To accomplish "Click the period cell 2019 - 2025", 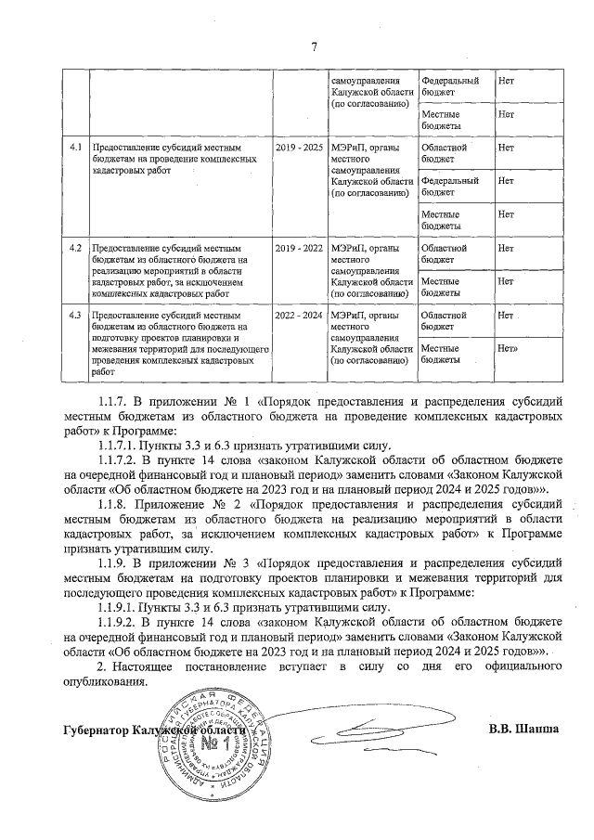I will [299, 147].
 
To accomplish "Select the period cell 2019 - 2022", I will [299, 248].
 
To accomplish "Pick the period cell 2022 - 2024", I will [299, 316].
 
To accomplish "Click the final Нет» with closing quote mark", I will [508, 348].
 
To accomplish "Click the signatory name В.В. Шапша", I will [523, 729].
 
